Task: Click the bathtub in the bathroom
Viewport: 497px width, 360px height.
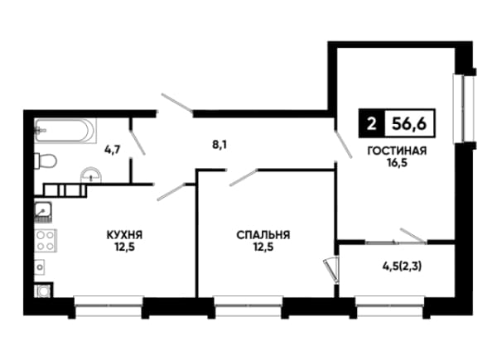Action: (65, 131)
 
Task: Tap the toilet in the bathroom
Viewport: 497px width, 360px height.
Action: (46, 161)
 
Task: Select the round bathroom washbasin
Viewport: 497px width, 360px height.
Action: (91, 175)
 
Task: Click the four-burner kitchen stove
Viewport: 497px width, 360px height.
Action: (46, 241)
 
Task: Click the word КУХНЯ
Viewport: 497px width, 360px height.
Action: (124, 235)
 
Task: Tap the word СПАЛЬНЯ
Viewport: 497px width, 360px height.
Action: (263, 235)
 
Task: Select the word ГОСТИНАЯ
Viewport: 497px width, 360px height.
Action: (397, 151)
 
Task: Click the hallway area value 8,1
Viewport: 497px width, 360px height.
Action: (220, 145)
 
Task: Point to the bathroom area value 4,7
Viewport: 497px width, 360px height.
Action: (113, 149)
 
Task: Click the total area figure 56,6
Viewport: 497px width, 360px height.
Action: (409, 123)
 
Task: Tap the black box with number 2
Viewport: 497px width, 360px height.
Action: (371, 123)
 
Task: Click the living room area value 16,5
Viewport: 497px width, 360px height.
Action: (397, 163)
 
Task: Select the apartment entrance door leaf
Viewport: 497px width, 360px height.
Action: (177, 103)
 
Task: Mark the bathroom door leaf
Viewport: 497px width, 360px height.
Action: (138, 142)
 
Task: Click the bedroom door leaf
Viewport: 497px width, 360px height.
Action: (244, 178)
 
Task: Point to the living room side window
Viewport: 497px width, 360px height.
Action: (463, 108)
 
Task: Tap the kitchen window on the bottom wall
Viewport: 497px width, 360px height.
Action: (109, 306)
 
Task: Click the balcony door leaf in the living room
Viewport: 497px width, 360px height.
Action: (413, 236)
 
